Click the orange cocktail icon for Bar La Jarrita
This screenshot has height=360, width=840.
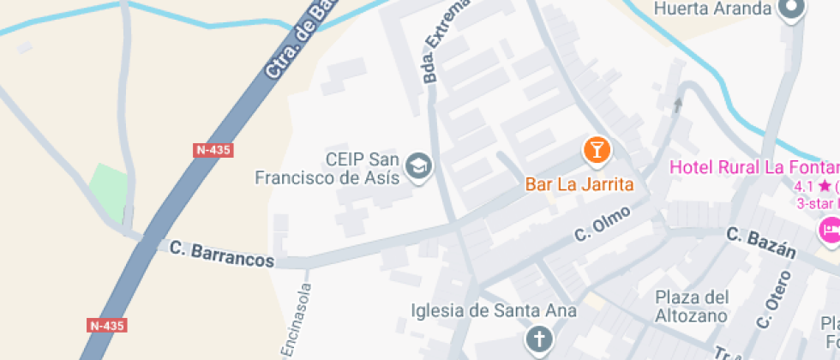(597, 150)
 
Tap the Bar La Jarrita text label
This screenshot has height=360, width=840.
(579, 184)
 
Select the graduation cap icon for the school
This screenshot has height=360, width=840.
(419, 165)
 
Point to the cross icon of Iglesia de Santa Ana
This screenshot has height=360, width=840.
(538, 339)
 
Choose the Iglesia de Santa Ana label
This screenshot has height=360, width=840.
(494, 310)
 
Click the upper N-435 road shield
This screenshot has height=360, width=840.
(213, 150)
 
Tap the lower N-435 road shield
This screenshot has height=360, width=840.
(107, 326)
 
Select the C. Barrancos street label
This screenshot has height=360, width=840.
(222, 255)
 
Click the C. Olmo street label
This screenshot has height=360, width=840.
(603, 223)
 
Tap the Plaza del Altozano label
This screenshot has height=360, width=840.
(692, 307)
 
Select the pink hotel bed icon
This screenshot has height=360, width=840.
(830, 230)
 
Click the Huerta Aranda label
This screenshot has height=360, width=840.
(713, 9)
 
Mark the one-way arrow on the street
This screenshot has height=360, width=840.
(678, 105)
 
